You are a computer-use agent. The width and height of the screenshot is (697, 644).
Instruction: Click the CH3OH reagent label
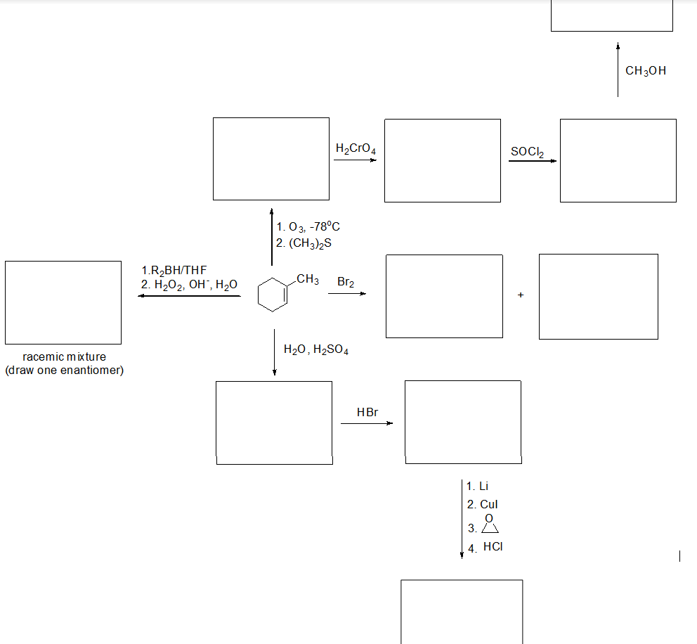[645, 70]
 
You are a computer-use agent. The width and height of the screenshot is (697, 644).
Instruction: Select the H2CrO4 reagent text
[356, 148]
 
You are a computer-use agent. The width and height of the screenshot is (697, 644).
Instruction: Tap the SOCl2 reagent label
[527, 151]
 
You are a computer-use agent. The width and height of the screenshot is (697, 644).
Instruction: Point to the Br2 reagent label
[346, 282]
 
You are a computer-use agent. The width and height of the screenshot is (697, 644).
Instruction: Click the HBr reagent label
[367, 412]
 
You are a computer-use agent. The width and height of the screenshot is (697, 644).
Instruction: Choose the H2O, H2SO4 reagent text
[315, 349]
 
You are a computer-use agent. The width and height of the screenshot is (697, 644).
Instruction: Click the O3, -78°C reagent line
[308, 226]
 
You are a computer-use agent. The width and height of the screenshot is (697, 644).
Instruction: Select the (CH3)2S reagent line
[304, 243]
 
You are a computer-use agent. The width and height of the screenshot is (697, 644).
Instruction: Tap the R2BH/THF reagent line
[174, 270]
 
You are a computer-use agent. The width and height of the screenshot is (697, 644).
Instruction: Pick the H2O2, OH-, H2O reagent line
[189, 284]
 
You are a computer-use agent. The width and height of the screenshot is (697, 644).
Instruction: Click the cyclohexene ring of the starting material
[271, 294]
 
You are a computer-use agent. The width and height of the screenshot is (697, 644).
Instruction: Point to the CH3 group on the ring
[307, 279]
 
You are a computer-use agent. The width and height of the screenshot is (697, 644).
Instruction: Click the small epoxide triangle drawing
[490, 527]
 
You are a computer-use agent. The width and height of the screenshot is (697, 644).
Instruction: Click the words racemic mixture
[64, 356]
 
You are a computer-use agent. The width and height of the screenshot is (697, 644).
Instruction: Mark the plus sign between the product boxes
[521, 295]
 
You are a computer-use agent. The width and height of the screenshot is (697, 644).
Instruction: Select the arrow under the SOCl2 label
[532, 161]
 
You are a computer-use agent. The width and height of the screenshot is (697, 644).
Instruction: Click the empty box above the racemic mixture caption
[63, 302]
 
